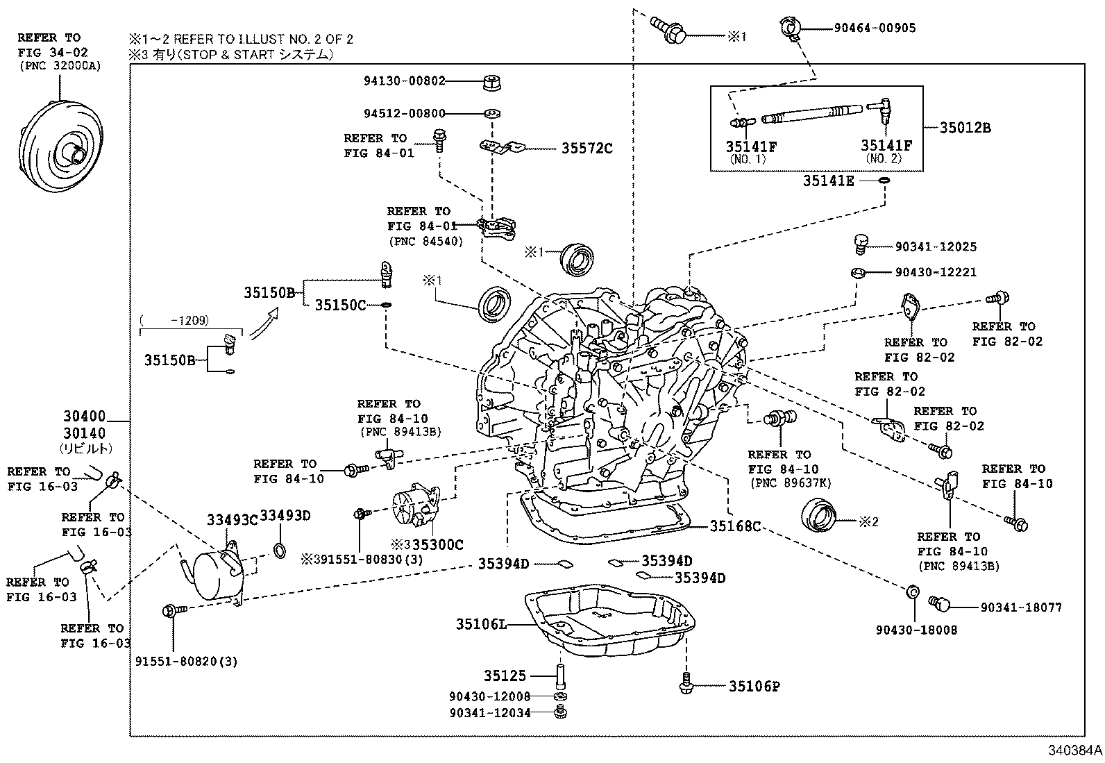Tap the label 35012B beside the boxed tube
(965, 128)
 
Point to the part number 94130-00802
(404, 81)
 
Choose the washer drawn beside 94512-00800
(492, 113)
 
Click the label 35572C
(587, 149)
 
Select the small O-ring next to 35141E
(884, 181)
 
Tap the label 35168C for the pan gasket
(735, 526)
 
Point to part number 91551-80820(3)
(186, 662)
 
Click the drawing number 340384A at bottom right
(1074, 751)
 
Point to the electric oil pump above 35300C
(416, 511)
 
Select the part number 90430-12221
(936, 272)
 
